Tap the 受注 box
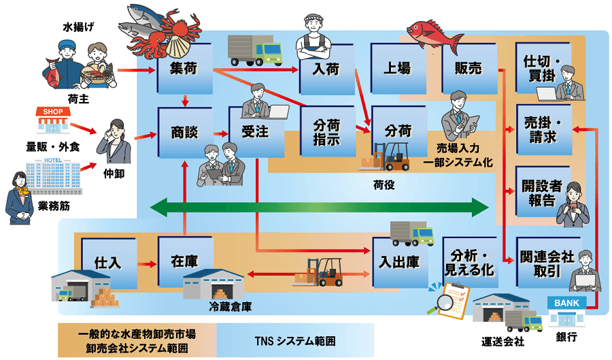tap(253, 131)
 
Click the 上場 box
tap(397, 69)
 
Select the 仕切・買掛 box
tap(541, 69)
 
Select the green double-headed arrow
tap(320, 208)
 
